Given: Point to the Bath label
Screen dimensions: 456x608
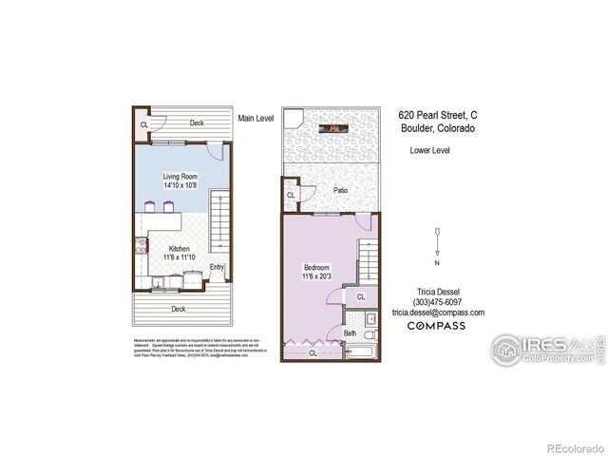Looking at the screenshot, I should (350, 333).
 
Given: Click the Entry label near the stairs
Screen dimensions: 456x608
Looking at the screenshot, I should (218, 267).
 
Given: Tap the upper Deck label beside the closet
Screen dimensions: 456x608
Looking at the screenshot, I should (197, 123).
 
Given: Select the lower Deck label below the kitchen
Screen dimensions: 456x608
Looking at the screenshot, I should (178, 309).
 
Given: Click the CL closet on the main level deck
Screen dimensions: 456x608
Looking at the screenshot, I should (144, 124).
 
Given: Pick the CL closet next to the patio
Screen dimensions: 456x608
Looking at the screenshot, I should (291, 197).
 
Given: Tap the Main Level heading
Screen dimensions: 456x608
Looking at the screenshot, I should (256, 118).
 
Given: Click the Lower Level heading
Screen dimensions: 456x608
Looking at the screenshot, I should (429, 150).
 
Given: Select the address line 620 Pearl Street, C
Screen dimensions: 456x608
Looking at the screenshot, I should (437, 113).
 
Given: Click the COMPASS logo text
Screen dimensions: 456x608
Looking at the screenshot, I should (436, 326).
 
